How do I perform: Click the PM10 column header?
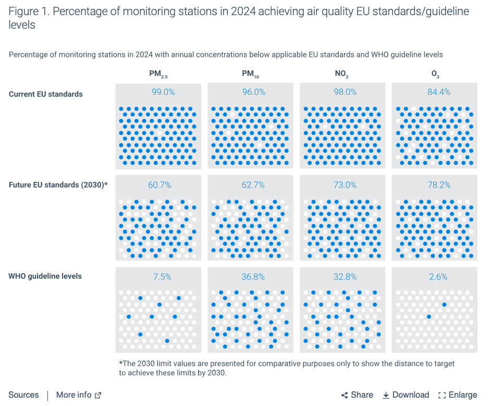point(250,75)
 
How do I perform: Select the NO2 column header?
point(341,75)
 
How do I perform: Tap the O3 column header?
point(434,75)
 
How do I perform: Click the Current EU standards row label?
point(46,94)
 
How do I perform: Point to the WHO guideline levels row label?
point(45,276)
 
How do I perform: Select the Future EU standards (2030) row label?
point(58,184)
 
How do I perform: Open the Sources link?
point(23,395)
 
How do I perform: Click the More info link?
point(78,395)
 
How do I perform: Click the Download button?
point(406,395)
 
